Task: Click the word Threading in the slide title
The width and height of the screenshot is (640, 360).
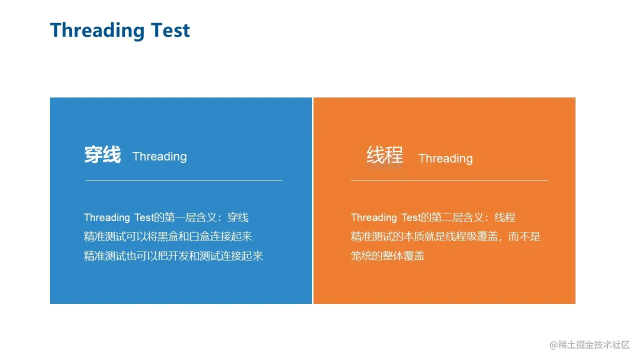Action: coord(97,30)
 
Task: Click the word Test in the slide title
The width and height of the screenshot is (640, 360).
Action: coord(170,30)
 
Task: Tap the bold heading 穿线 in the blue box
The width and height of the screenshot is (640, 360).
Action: coord(102,154)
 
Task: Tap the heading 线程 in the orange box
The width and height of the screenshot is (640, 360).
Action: coord(385,154)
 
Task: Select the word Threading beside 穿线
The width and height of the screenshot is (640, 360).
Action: coord(159,156)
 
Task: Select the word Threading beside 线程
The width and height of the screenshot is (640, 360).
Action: coord(445,158)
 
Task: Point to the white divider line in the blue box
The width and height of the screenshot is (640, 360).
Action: coord(184,180)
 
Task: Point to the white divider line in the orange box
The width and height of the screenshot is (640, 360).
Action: coord(449,180)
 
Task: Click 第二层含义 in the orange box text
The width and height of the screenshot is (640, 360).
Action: coord(457,217)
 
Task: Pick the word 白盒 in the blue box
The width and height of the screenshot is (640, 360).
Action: coord(199,236)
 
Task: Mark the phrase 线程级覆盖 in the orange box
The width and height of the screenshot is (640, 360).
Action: coord(471,236)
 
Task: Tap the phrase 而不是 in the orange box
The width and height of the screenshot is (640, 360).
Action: coord(524,236)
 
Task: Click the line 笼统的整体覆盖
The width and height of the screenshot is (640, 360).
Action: coord(387,255)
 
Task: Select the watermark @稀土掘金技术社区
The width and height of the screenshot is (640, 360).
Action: coord(589,345)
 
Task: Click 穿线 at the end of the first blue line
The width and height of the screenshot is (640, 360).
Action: coord(238,217)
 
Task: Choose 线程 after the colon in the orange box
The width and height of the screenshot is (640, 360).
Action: coord(505,217)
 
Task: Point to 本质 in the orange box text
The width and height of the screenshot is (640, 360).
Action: coord(413,236)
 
